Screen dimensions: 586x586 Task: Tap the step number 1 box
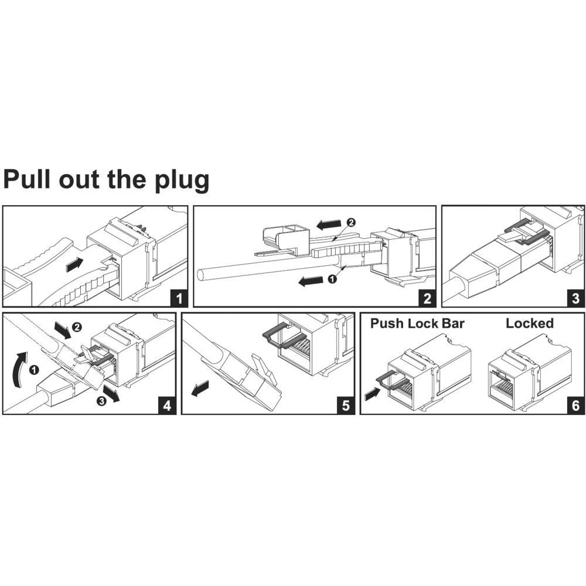pos(178,298)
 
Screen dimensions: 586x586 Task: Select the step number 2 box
pos(427,298)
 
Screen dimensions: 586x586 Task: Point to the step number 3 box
pos(575,298)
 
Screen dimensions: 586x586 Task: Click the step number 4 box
pos(167,405)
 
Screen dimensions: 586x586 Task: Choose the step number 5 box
pos(345,405)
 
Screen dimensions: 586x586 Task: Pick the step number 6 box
pos(575,405)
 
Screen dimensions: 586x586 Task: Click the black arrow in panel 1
pos(74,265)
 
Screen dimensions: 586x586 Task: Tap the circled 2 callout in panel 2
pos(351,222)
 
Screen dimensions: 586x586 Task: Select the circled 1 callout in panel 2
pos(332,280)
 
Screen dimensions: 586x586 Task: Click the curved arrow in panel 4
pos(21,367)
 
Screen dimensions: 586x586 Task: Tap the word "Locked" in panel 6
pos(529,323)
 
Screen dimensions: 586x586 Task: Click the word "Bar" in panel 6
pos(451,323)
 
